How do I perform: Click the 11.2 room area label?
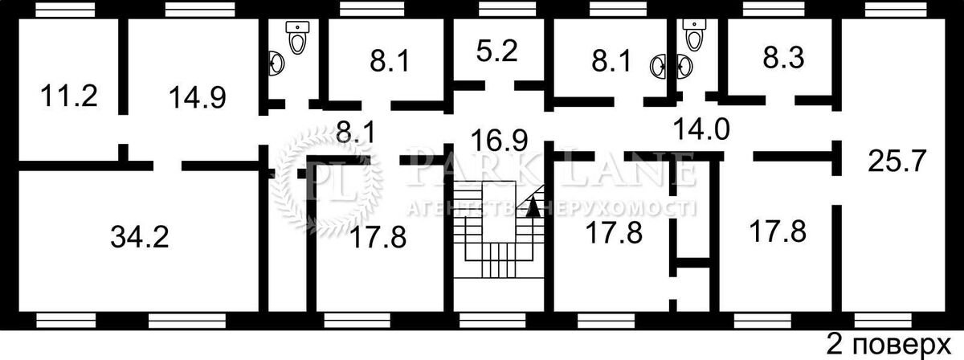pyautogui.click(x=69, y=96)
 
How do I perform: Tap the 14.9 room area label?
pyautogui.click(x=198, y=97)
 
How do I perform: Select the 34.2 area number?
pyautogui.click(x=140, y=237)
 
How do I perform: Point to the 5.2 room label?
pyautogui.click(x=496, y=51)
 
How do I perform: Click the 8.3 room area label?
pyautogui.click(x=783, y=58)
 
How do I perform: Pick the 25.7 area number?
pyautogui.click(x=897, y=162)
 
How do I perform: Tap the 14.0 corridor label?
pyautogui.click(x=701, y=129)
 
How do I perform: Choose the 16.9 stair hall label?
pyautogui.click(x=499, y=141)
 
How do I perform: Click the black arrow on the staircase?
pyautogui.click(x=533, y=206)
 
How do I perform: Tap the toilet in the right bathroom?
pyautogui.click(x=694, y=34)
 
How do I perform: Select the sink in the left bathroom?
pyautogui.click(x=276, y=63)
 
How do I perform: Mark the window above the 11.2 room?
pyautogui.click(x=65, y=9)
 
